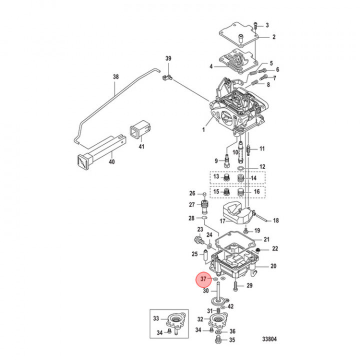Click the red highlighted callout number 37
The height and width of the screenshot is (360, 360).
tap(203, 278)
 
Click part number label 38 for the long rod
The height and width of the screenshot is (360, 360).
tap(116, 77)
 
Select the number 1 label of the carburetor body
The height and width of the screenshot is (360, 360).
tap(203, 129)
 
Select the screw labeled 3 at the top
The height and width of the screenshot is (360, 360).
tap(255, 25)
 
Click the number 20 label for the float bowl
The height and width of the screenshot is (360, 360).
tap(273, 266)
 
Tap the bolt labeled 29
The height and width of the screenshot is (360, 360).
tap(236, 286)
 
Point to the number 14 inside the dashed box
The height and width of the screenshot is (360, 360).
tap(253, 178)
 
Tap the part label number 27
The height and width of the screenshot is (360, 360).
tap(191, 204)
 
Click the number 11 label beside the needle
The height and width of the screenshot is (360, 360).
tap(262, 149)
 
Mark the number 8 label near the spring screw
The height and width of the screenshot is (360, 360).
tap(268, 84)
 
